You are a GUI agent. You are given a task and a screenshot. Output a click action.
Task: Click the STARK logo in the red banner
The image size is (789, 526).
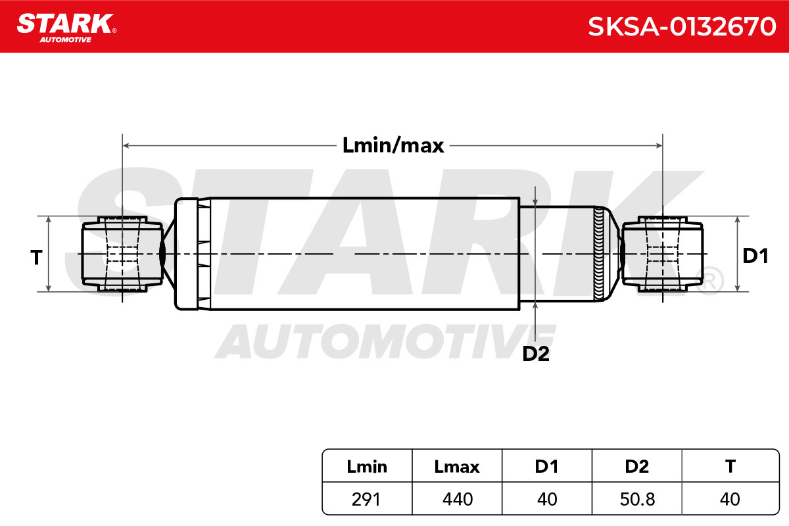point(66,28)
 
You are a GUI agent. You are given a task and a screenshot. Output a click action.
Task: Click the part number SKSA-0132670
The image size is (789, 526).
point(682,27)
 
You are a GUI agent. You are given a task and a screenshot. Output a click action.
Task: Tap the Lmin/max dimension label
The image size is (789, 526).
point(393,145)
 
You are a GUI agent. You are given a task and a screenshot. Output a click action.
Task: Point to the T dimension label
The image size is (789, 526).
point(36,257)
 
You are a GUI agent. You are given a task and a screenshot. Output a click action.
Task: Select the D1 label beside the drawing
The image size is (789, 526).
point(755,256)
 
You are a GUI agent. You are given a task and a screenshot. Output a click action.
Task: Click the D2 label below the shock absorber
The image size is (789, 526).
point(536,354)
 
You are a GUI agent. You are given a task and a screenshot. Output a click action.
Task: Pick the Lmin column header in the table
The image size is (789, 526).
point(367,466)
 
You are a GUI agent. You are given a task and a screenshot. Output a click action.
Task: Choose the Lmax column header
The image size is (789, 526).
point(457,466)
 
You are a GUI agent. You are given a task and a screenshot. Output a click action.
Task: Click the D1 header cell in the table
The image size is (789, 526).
point(546,466)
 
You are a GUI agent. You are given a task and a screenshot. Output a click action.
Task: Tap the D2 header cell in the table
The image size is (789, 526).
point(637,466)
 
